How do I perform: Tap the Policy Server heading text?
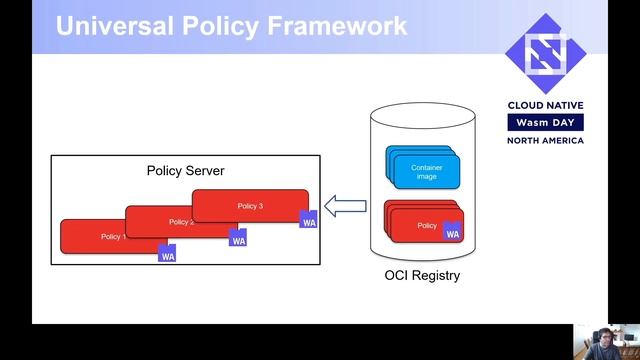[185, 171]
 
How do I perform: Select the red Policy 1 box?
[100, 238]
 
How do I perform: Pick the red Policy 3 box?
[249, 206]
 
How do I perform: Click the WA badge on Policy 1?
[168, 253]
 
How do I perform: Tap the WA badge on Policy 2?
[238, 238]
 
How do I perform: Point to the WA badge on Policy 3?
[309, 220]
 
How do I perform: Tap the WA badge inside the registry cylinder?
[452, 232]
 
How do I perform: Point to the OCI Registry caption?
[422, 275]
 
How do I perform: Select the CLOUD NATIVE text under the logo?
[545, 105]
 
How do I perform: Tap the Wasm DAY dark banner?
[545, 122]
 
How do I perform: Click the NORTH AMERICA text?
[545, 140]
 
